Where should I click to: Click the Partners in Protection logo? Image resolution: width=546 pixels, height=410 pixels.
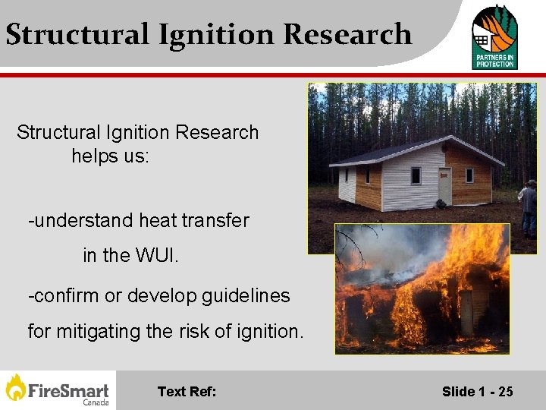click(494, 36)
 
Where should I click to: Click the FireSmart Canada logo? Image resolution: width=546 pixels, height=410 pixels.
click(58, 390)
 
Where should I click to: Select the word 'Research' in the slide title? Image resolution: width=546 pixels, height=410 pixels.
click(347, 34)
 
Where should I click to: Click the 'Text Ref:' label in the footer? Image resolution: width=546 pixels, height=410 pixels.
click(187, 392)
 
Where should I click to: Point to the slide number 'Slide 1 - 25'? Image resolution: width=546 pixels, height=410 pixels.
click(477, 392)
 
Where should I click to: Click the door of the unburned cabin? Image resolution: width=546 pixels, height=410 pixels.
click(444, 186)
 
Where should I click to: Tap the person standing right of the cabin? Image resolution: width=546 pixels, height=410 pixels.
click(528, 207)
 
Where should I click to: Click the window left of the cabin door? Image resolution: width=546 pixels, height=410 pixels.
click(416, 176)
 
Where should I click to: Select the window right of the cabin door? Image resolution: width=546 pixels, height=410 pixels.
click(469, 175)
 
